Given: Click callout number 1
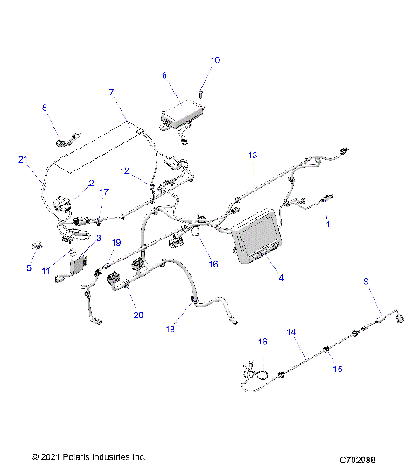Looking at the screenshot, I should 327,225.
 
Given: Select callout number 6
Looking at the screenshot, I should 164,76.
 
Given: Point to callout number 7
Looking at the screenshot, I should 112,92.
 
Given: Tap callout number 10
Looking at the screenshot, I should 216,60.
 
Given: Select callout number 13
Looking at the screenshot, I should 253,155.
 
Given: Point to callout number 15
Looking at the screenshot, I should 337,370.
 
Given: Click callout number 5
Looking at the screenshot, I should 28,268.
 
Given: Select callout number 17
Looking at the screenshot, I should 103,191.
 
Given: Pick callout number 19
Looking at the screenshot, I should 115,243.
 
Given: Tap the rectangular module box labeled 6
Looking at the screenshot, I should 182,113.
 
